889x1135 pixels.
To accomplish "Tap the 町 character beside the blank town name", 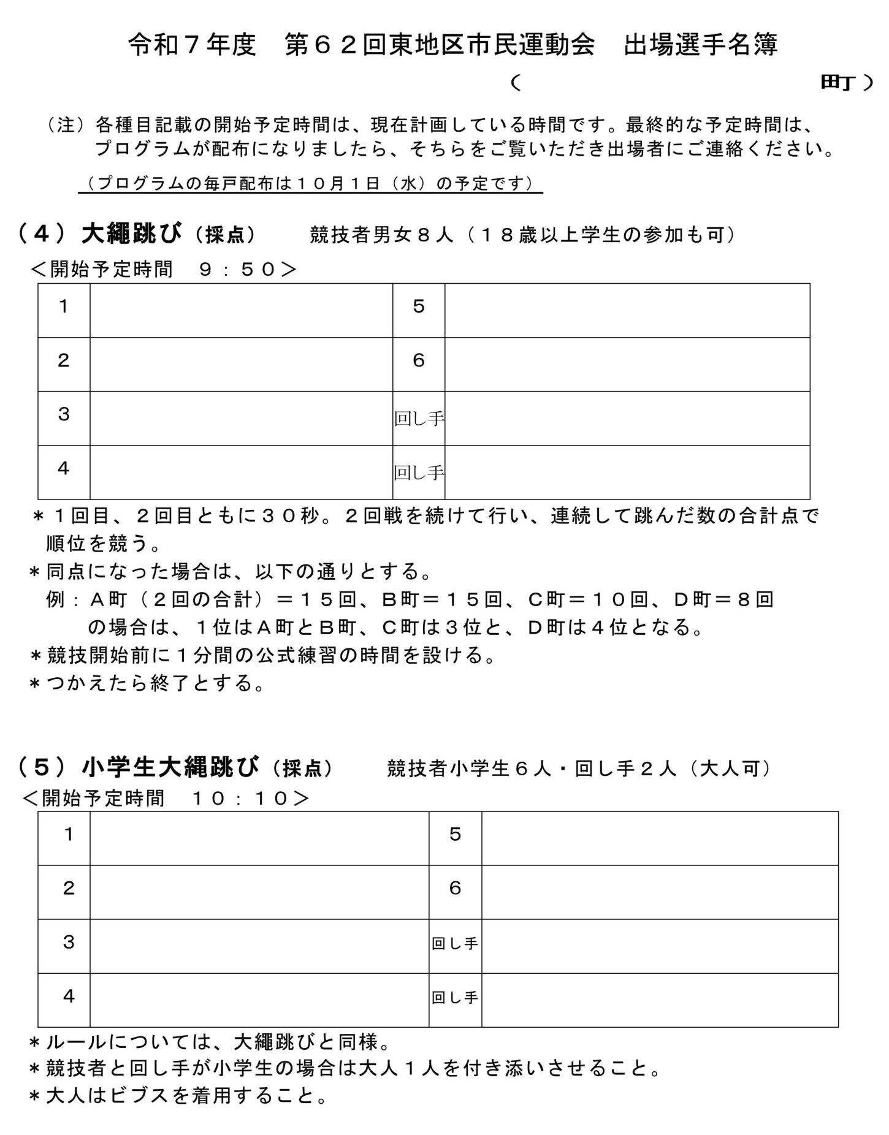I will [837, 83].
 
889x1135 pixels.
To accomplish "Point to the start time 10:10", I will [240, 798].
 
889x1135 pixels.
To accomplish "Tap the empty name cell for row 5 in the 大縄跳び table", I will [627, 310].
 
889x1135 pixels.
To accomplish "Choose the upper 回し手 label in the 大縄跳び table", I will [419, 419].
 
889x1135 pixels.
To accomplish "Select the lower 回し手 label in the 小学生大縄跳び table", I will [455, 998].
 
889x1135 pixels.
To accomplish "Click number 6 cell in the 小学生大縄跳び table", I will [455, 888].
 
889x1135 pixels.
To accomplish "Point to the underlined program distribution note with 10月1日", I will [310, 184].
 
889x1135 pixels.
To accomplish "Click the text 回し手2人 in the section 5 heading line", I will [625, 769].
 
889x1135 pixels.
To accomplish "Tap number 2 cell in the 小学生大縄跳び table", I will [69, 888].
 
